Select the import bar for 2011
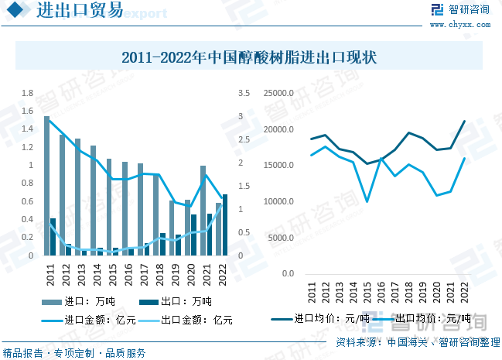(46, 186)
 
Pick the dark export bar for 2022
(225, 225)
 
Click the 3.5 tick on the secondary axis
(244, 94)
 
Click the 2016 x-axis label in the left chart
(129, 275)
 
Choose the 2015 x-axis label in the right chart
(367, 292)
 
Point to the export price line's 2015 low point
(367, 201)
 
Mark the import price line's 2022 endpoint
(465, 121)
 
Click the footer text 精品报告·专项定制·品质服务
(75, 353)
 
